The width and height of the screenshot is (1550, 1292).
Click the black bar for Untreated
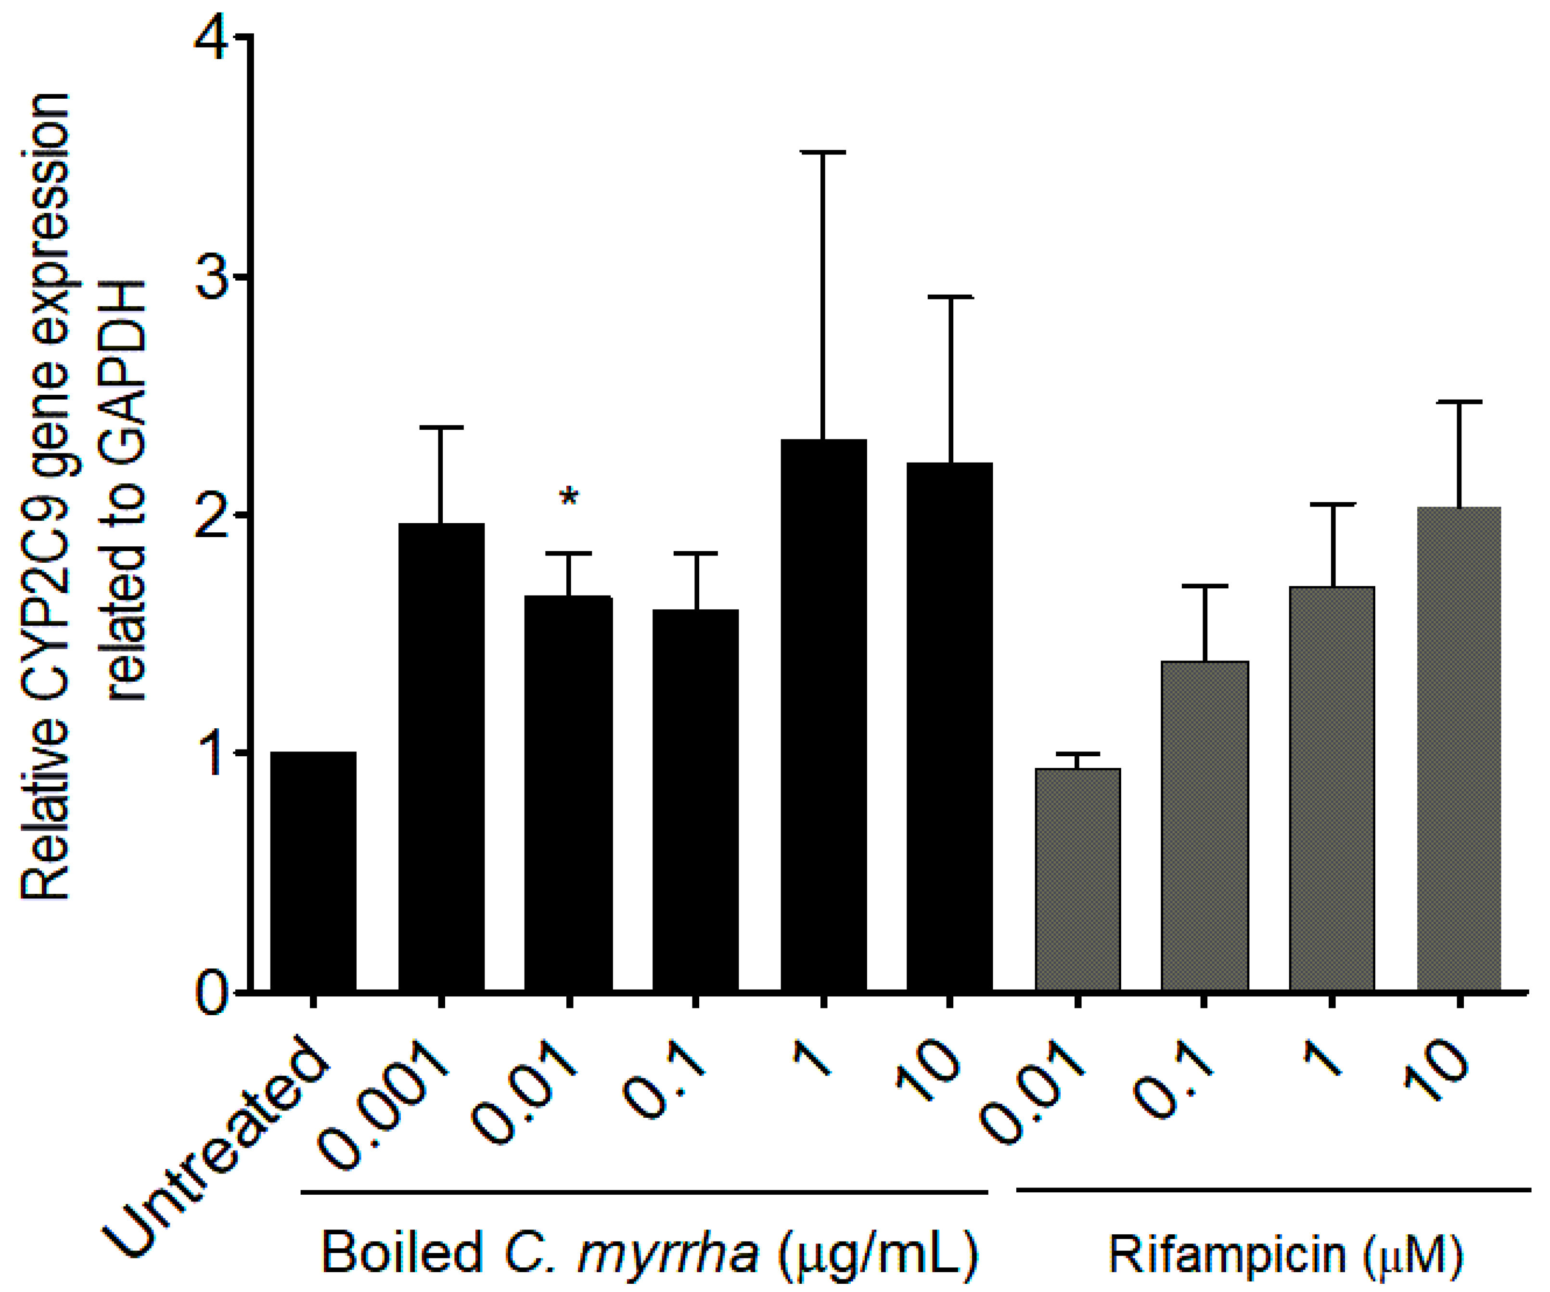pos(313,871)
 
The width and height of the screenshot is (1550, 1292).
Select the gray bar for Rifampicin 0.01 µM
pos(1077,879)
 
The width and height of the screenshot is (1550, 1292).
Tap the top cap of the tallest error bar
pos(823,152)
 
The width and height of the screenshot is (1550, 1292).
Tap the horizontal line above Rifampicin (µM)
pos(1273,1189)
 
